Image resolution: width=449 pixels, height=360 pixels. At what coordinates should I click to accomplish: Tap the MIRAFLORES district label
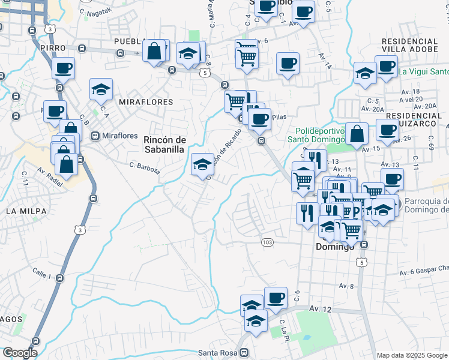tap(146, 102)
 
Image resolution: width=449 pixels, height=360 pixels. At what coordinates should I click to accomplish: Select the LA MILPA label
tap(23, 211)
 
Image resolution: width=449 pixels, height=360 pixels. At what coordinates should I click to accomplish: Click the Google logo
tap(19, 353)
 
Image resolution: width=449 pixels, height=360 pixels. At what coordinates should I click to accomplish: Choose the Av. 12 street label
tap(320, 308)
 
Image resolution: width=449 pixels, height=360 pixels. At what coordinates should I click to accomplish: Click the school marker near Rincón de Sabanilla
tap(202, 163)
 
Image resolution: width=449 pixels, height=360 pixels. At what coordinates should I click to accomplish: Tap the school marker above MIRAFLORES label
tap(101, 89)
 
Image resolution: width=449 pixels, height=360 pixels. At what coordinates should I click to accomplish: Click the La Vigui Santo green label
tap(423, 71)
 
